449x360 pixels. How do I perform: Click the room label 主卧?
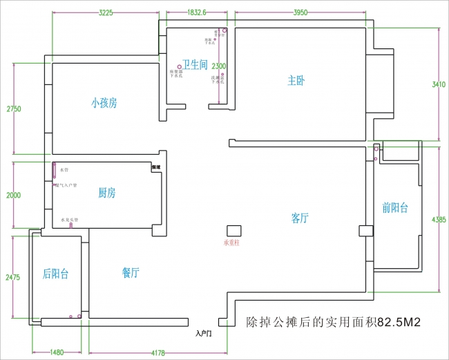[x=296, y=80]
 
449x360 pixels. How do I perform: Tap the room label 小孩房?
[x=104, y=103]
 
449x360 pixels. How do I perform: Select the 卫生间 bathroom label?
[x=195, y=64]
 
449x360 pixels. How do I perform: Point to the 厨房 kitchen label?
[x=106, y=193]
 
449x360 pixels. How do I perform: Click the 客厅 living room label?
[x=300, y=218]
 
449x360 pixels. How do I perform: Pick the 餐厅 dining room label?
[x=131, y=273]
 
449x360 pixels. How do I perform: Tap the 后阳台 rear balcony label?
[x=55, y=274]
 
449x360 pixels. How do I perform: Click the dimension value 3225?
[x=106, y=12]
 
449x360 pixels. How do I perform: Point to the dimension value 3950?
[x=300, y=12]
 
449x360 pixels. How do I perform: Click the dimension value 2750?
[x=14, y=109]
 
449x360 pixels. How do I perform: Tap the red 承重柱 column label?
[x=231, y=243]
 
